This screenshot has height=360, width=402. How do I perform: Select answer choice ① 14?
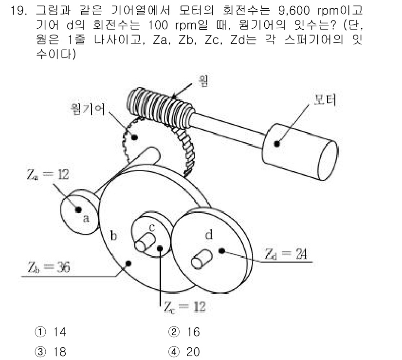point(53,332)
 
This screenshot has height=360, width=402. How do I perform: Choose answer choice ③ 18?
point(53,351)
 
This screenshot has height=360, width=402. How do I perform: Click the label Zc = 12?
point(184,307)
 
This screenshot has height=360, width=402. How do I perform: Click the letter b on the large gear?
point(113,237)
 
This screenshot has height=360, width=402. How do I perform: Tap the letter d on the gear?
point(208,235)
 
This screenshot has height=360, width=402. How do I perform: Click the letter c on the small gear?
point(151,227)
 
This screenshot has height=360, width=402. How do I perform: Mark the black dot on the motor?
point(277,144)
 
